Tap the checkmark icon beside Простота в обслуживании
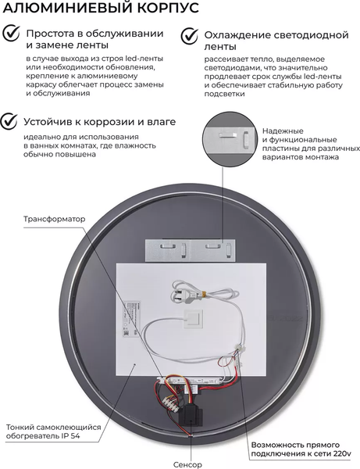point(10,34)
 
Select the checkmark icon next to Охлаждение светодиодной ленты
point(188,35)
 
